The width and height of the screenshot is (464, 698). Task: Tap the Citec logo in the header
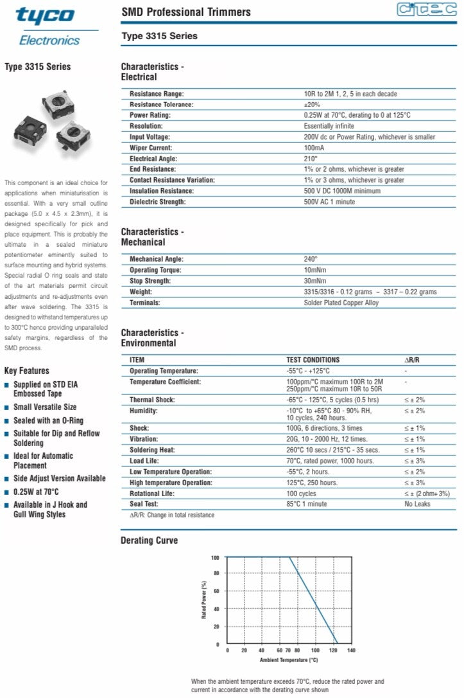click(426, 10)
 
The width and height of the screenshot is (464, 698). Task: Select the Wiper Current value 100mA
click(314, 148)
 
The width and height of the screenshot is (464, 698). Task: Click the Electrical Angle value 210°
click(311, 159)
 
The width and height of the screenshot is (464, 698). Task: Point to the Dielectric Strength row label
click(157, 202)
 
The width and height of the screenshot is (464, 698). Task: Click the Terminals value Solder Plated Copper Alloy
click(341, 303)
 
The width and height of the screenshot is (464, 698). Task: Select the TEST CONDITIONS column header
click(313, 360)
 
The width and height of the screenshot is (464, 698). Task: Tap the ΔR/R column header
click(411, 360)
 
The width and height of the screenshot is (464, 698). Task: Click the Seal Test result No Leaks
click(417, 505)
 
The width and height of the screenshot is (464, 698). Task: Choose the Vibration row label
click(144, 439)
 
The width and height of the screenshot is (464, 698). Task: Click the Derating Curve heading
click(149, 541)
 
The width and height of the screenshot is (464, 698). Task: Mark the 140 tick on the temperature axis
click(350, 651)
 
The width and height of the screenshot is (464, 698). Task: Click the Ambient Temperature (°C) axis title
click(289, 660)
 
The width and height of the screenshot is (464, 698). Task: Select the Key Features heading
click(26, 371)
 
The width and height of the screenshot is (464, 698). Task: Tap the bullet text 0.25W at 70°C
click(36, 492)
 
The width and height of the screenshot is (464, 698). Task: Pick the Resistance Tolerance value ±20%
click(312, 105)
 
